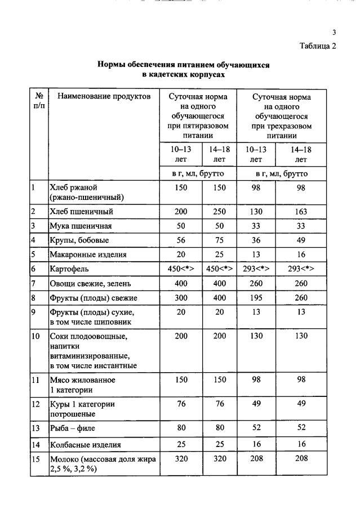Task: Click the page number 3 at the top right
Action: tap(334, 32)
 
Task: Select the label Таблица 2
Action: tap(317, 46)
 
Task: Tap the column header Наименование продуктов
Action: tap(104, 97)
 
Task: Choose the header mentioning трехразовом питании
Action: tap(281, 116)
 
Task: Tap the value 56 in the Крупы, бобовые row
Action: tap(181, 240)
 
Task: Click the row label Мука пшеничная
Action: tap(81, 226)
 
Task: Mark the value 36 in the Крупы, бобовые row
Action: tap(256, 240)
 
